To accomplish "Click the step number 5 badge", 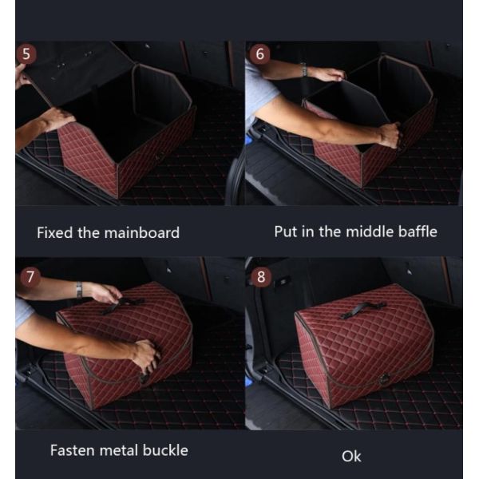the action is click(26, 54).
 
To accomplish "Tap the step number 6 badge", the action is click(259, 54).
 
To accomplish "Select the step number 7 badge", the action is click(30, 277).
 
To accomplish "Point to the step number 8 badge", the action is click(261, 277).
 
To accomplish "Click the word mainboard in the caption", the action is click(142, 233).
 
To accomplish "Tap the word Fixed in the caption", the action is click(55, 233).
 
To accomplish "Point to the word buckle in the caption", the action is click(165, 450).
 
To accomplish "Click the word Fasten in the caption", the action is click(73, 450).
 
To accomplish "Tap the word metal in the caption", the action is click(119, 450).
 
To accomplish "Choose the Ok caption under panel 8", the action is click(351, 457).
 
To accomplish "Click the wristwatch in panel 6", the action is click(303, 70).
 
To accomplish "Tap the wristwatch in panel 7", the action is click(79, 290).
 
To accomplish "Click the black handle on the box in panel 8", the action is click(362, 309).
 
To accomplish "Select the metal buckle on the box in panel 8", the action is click(382, 380).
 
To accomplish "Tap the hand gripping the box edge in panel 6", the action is click(389, 135).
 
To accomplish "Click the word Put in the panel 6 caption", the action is click(286, 232).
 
